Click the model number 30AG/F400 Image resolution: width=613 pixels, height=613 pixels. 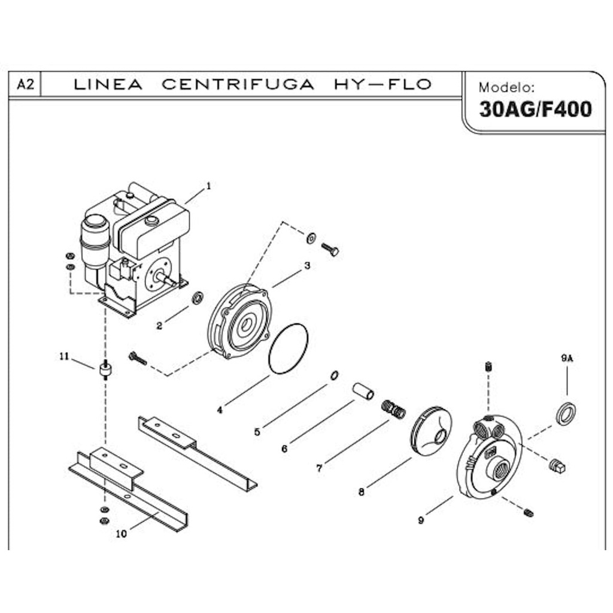535,110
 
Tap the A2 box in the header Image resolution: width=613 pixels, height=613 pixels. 25,84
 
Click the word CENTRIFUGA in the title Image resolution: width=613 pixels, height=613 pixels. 238,84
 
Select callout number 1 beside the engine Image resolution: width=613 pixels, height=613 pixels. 209,186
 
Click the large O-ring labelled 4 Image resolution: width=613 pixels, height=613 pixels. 288,349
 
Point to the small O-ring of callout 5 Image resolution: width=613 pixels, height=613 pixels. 335,375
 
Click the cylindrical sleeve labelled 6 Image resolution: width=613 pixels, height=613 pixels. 363,391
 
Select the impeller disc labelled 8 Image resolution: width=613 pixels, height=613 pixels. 431,432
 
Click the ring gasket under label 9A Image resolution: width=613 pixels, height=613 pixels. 566,414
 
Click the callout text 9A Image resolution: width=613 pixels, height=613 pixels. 567,358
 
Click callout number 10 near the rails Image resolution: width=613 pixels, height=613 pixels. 122,535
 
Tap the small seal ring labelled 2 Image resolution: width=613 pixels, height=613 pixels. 197,298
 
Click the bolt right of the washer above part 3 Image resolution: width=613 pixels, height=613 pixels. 330,248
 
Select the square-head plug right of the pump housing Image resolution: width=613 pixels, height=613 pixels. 557,466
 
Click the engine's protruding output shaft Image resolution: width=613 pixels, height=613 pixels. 168,279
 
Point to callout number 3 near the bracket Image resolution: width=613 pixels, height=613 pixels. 307,265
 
